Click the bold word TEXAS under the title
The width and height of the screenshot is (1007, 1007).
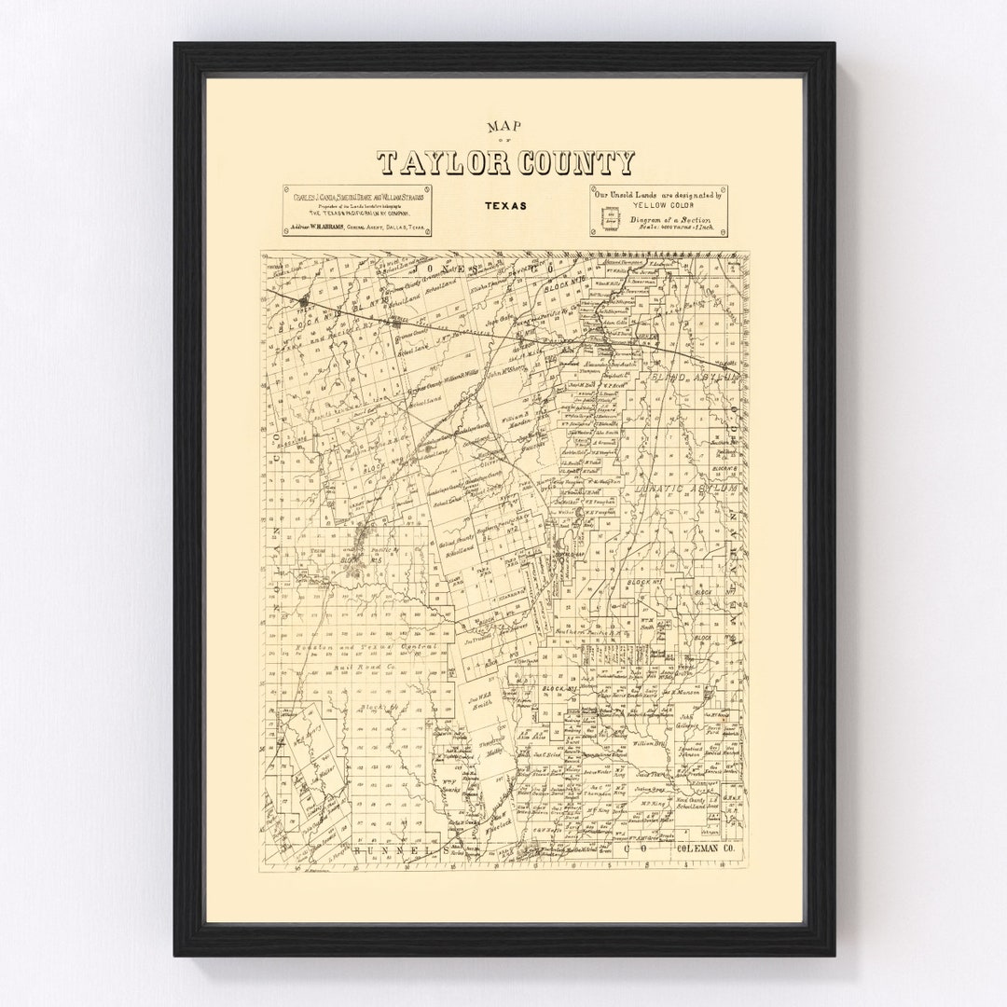(504, 204)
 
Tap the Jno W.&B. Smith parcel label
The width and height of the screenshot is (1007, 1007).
(483, 700)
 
